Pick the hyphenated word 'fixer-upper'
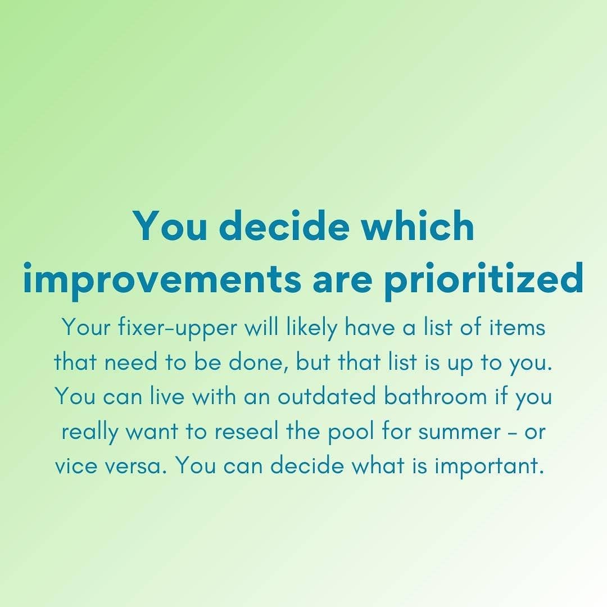click(x=177, y=328)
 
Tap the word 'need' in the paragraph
click(x=131, y=363)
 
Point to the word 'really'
click(x=89, y=433)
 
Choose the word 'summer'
click(x=460, y=433)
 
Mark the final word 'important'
click(x=490, y=467)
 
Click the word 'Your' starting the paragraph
click(x=87, y=327)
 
